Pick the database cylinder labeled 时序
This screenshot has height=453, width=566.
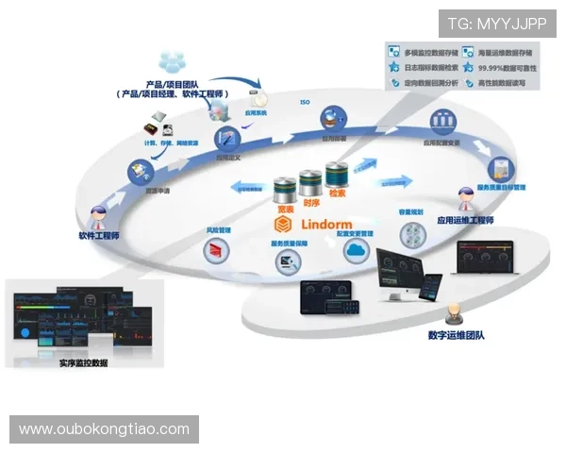coord(310,181)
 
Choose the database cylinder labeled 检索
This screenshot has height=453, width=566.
coord(337,176)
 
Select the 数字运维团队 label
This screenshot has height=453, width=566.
coord(457,335)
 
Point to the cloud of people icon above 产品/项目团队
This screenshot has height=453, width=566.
coord(173,62)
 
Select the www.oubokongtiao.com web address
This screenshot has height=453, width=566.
coord(104,429)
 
